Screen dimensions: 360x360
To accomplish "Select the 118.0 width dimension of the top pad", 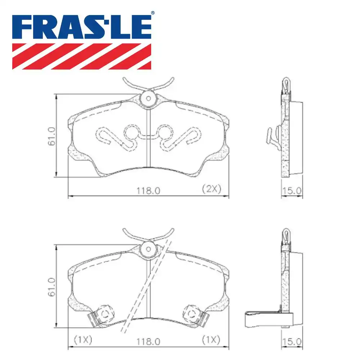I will coord(148,190).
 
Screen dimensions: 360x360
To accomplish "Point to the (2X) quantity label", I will coord(211,189).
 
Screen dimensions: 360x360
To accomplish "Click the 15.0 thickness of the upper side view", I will coord(292,190).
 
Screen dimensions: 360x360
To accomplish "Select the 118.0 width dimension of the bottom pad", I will coord(148,340).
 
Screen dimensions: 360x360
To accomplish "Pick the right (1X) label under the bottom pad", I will coord(211,339).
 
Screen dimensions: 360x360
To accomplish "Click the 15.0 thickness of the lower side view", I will coord(292,340).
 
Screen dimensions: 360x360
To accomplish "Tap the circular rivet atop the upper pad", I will coord(148,98).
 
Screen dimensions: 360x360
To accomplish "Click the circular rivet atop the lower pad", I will coord(148,249).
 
